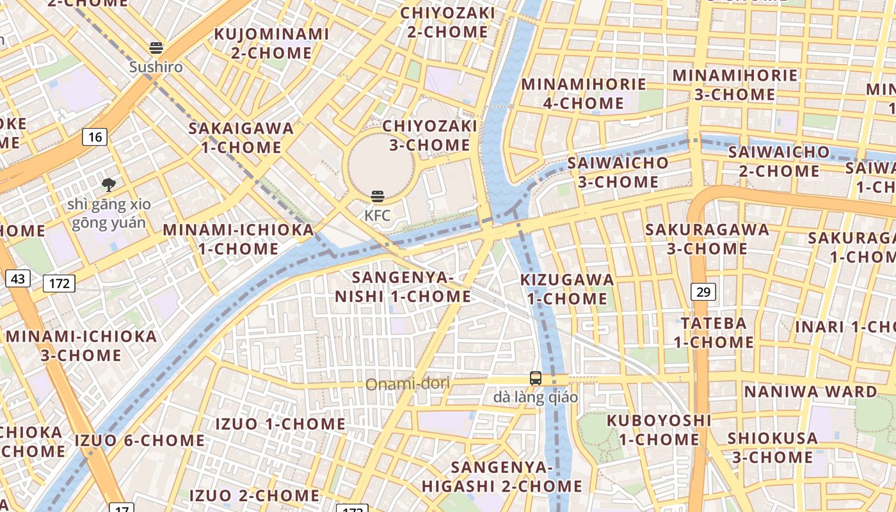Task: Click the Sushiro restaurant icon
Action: coord(156,47)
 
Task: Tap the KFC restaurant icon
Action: coord(378,196)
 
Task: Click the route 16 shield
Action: coord(95,136)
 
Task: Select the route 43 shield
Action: coord(18,278)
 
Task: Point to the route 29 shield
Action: coord(703,292)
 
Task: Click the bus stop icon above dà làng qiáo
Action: coord(536,378)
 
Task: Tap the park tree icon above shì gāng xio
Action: coord(109,185)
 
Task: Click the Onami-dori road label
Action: coord(408,384)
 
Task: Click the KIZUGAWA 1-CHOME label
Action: coord(567,289)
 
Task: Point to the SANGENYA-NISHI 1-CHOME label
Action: coord(403,287)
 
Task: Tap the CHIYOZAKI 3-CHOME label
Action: coord(430,135)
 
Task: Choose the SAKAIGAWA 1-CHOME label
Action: coord(241,138)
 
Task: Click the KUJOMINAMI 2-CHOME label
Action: coord(271,43)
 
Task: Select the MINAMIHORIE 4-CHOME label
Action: coord(584,93)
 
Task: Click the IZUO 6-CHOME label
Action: coord(140,440)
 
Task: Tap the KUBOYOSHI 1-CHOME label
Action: coord(659,429)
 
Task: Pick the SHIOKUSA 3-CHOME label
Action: coord(772,447)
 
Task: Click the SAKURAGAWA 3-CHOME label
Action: coord(707,239)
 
